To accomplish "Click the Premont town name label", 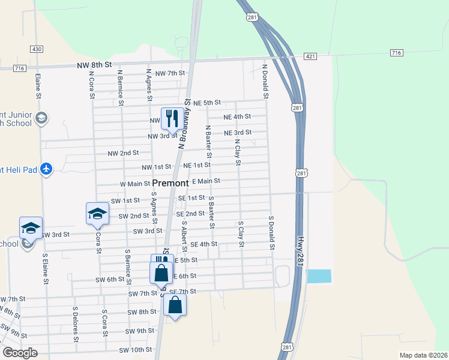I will [x=170, y=183].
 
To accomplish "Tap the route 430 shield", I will [x=37, y=49].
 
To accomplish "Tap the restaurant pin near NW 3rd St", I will [x=172, y=119].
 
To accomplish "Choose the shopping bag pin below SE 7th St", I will [x=175, y=306].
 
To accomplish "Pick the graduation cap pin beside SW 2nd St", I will [x=97, y=214].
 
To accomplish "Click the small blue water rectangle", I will [x=318, y=276].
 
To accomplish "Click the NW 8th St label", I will [x=94, y=64].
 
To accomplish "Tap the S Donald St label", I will [x=272, y=233].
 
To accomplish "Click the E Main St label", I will [x=206, y=181].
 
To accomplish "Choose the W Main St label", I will [x=134, y=184].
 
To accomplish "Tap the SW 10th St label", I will [x=135, y=350].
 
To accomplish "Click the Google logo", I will [x=20, y=353].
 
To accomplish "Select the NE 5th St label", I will [x=207, y=103].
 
